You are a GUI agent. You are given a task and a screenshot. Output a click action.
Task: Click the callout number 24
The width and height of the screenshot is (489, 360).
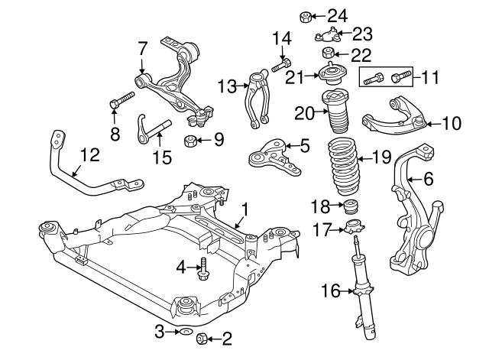click(336, 15)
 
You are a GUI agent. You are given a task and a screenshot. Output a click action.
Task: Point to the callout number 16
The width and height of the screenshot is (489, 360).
click(329, 290)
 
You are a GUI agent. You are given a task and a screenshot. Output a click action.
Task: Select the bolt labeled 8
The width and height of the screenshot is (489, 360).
click(121, 100)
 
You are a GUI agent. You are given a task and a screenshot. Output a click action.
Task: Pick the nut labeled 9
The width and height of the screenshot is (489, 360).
click(193, 140)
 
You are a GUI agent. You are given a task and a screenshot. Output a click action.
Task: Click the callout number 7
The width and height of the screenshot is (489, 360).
click(142, 47)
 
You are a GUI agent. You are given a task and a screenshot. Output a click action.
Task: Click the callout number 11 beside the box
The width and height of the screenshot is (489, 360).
click(430, 76)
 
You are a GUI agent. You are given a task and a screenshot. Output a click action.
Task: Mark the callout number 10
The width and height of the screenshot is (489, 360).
click(452, 122)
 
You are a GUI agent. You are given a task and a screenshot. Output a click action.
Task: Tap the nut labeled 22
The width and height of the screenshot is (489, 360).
click(328, 53)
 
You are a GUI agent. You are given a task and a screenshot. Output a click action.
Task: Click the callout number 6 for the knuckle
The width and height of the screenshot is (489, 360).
click(428, 179)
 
